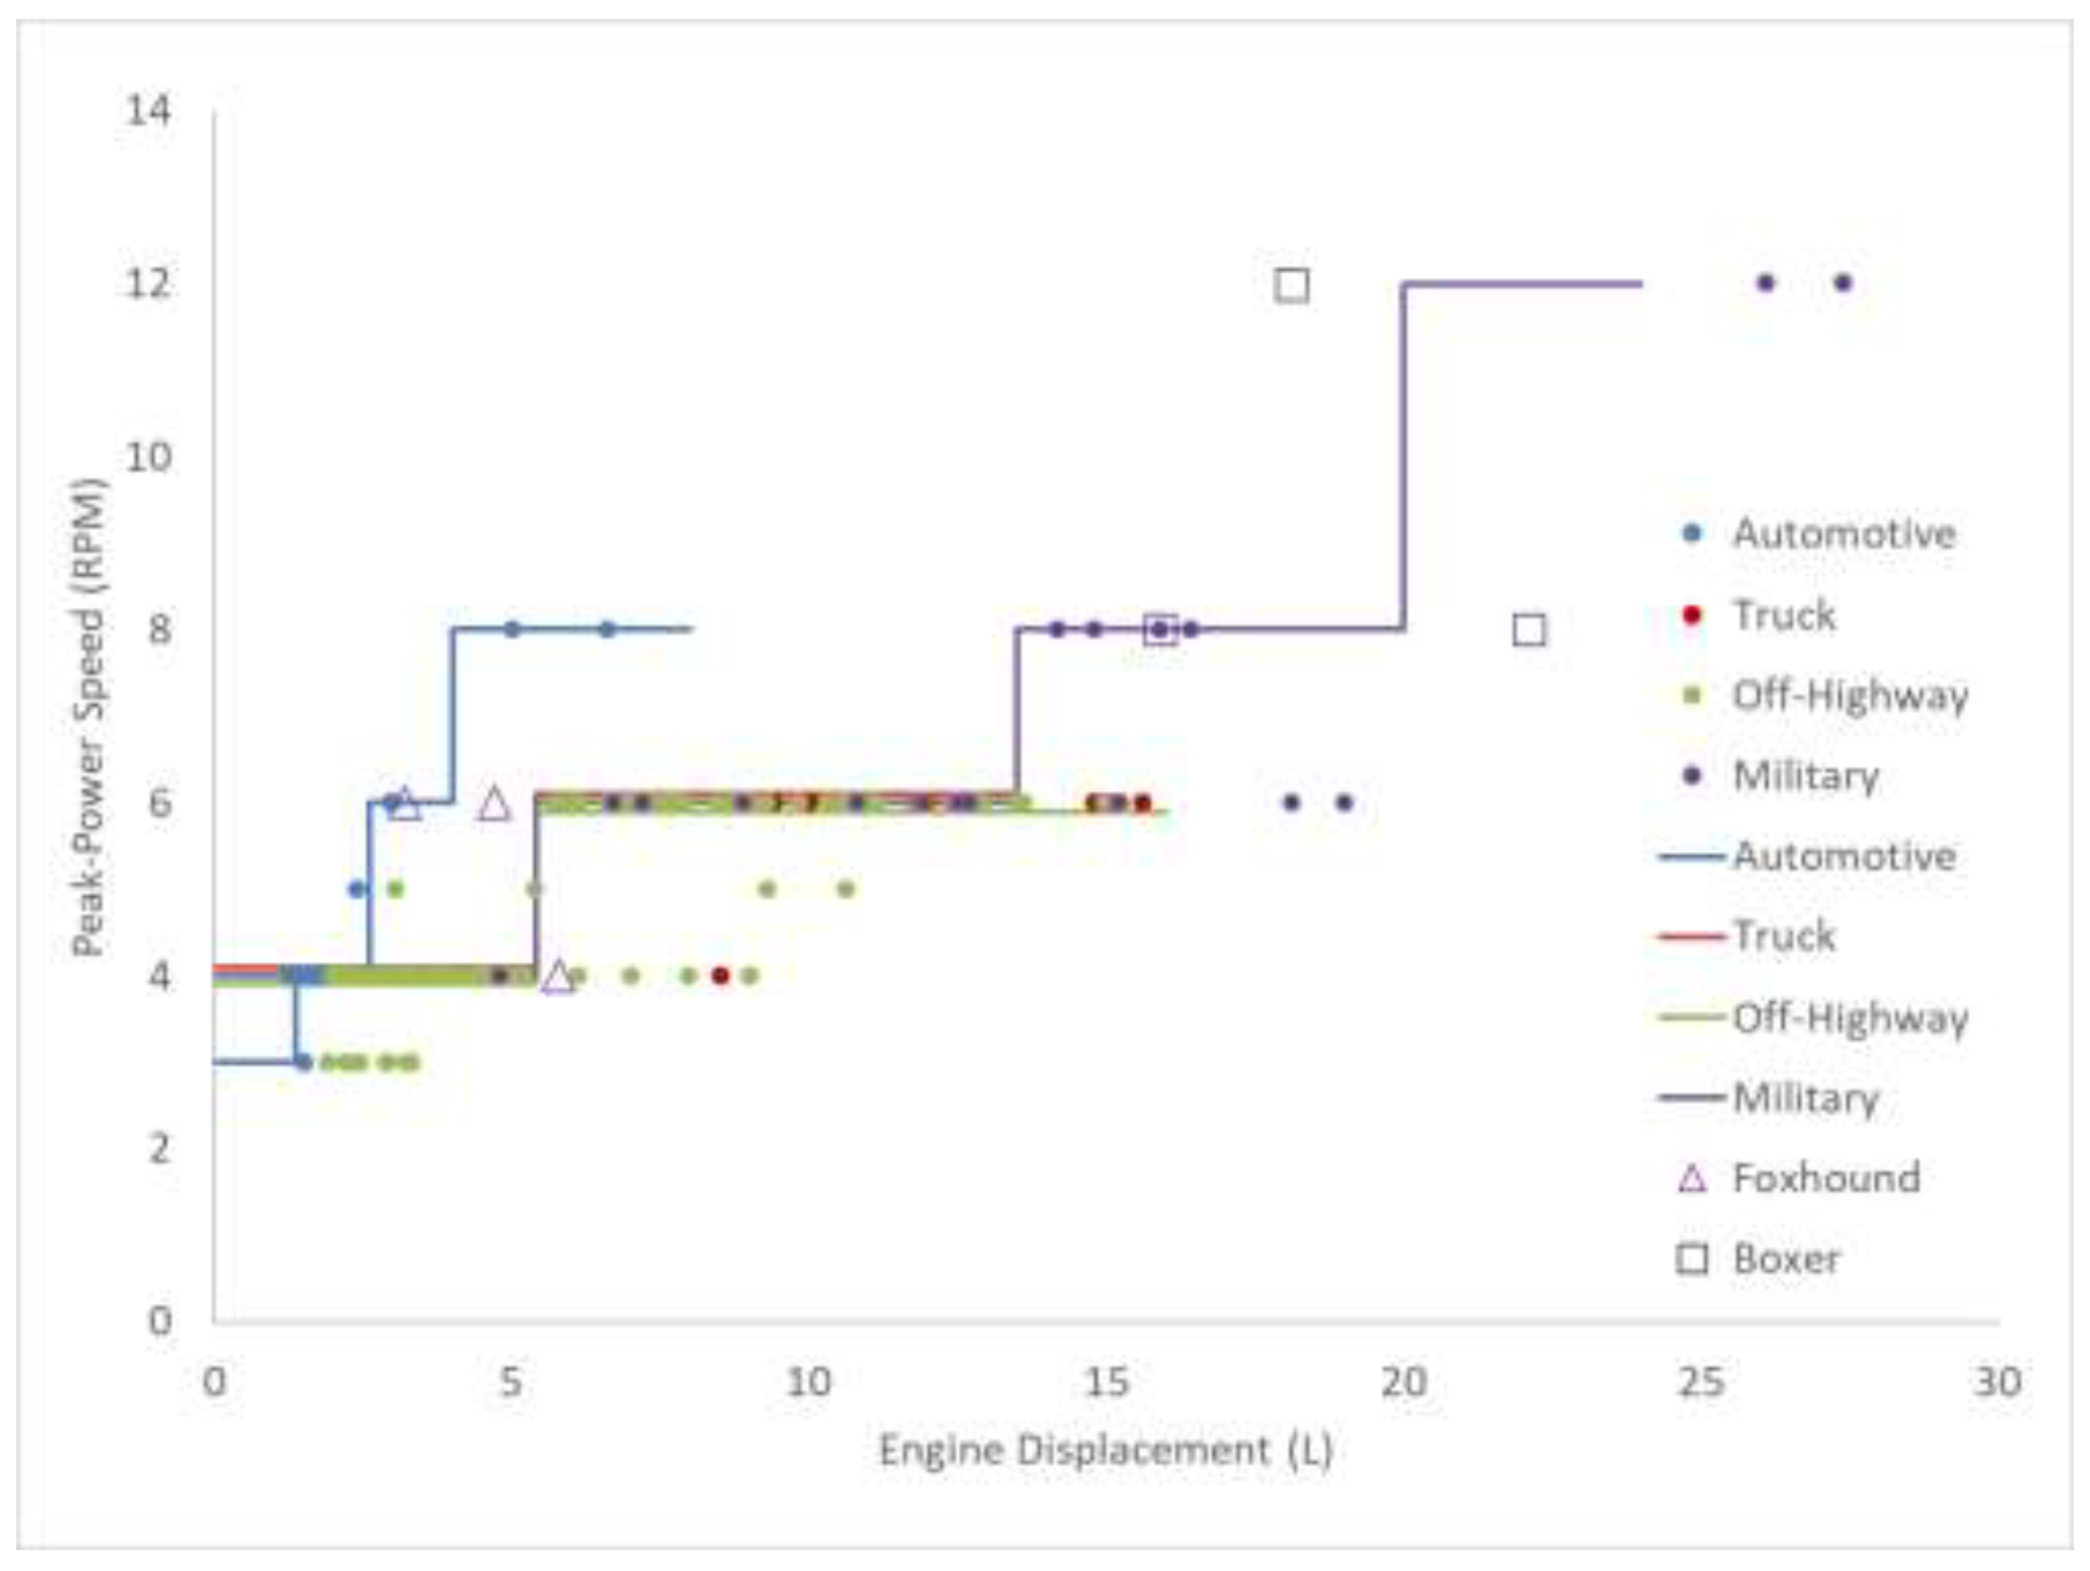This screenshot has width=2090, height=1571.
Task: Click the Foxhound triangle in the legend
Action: (x=1692, y=1179)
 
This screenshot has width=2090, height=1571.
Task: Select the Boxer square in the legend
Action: (x=1692, y=1259)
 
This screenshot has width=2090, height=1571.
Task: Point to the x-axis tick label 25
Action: (x=1701, y=1382)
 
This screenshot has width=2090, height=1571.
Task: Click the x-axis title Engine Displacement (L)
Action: (x=1106, y=1449)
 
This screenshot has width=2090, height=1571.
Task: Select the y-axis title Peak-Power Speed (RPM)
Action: (x=89, y=718)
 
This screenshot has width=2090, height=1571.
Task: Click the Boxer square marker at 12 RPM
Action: (x=1292, y=284)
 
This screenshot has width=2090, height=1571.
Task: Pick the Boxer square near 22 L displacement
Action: (x=1529, y=630)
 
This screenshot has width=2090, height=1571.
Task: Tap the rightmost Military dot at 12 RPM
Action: (x=1842, y=282)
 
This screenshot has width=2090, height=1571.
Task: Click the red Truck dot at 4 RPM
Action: (x=721, y=976)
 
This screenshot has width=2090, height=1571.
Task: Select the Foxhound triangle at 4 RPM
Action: (x=558, y=976)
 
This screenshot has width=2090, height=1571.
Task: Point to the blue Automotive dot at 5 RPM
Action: (x=356, y=889)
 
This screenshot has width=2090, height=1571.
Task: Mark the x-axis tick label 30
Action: (x=1998, y=1382)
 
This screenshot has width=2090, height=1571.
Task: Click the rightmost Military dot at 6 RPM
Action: (x=1344, y=803)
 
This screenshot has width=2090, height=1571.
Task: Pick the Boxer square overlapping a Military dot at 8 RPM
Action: (x=1160, y=630)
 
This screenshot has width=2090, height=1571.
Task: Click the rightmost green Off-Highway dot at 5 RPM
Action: (x=846, y=889)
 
